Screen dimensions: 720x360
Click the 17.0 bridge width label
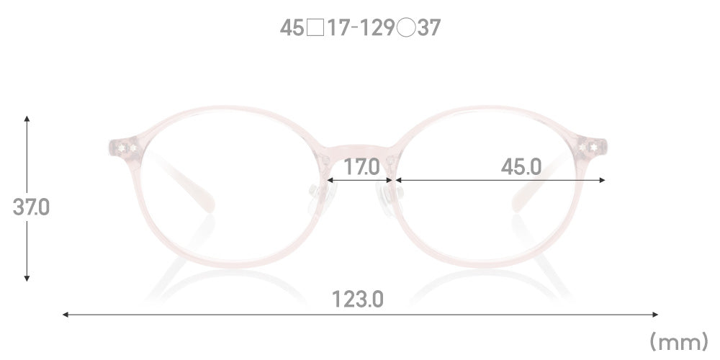click(x=362, y=167)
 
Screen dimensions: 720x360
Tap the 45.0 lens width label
click(x=521, y=167)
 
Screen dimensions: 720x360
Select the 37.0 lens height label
click(x=31, y=207)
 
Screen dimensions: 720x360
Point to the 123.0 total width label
click(x=357, y=300)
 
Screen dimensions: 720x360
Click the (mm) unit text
click(x=679, y=342)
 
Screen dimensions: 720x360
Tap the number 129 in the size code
click(x=377, y=28)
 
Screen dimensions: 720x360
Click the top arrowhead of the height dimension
click(x=27, y=119)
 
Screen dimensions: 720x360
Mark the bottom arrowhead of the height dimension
click(x=27, y=278)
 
